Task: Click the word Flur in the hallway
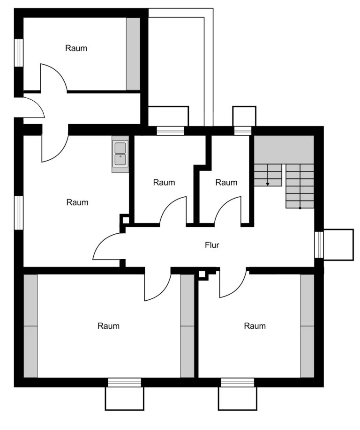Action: pyautogui.click(x=212, y=245)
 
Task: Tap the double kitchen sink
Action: pyautogui.click(x=120, y=154)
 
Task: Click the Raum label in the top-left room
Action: pyautogui.click(x=76, y=48)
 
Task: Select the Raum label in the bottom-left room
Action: pyautogui.click(x=108, y=326)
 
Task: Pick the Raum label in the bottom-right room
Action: pyautogui.click(x=255, y=326)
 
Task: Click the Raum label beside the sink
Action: pyautogui.click(x=77, y=202)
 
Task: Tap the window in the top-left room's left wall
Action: pyautogui.click(x=19, y=52)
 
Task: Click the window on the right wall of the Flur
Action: pyautogui.click(x=319, y=245)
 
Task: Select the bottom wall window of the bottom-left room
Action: pyautogui.click(x=125, y=382)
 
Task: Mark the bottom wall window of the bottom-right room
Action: pyautogui.click(x=238, y=382)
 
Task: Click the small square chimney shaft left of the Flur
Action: pyautogui.click(x=126, y=220)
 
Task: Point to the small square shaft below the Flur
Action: pyautogui.click(x=202, y=274)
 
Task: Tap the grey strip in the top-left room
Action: pyautogui.click(x=133, y=54)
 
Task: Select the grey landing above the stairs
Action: pyautogui.click(x=284, y=150)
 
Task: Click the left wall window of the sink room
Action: pyautogui.click(x=19, y=213)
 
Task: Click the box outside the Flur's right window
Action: pyautogui.click(x=338, y=245)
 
